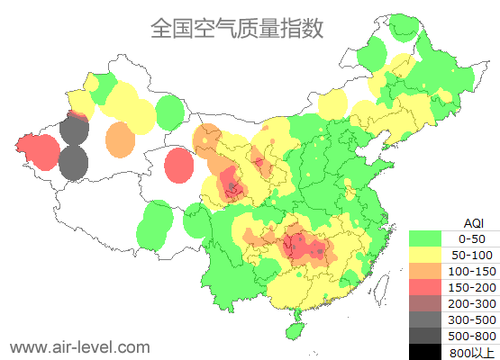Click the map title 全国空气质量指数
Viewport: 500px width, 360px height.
click(236, 29)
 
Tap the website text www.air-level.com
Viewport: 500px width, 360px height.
click(79, 346)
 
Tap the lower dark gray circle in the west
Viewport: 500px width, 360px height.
click(73, 164)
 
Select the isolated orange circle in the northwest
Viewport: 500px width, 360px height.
click(119, 139)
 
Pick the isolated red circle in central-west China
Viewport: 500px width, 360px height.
click(179, 164)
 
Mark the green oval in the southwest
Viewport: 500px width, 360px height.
click(157, 225)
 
